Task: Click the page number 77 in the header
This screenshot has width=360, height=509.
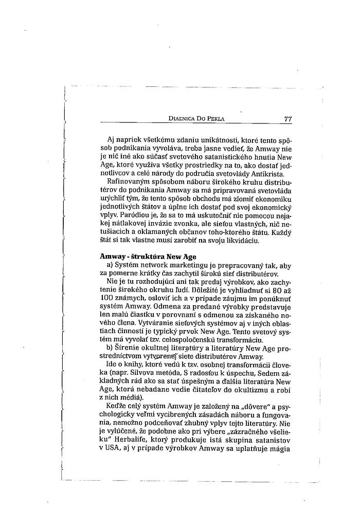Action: click(x=287, y=119)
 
